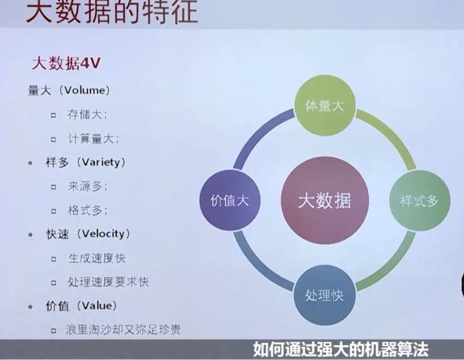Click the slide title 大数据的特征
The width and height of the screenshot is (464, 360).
point(112,11)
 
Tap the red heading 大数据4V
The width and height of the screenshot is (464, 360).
point(66,63)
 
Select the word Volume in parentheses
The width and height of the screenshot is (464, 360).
point(85,90)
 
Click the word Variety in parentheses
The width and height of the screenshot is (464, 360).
point(101,162)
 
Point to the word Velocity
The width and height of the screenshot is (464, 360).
point(104,234)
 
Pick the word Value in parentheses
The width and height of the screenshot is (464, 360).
point(97,306)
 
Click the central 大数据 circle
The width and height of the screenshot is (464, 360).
point(325,201)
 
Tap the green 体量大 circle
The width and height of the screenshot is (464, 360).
point(325,106)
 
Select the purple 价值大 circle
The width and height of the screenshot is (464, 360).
point(230,201)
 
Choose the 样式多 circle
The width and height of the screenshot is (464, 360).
point(420,201)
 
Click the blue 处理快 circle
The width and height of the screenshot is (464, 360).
point(325,295)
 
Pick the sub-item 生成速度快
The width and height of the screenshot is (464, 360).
point(97,258)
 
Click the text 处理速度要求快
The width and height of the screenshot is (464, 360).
point(109,282)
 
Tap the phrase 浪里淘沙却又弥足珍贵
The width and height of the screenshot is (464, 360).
point(123,329)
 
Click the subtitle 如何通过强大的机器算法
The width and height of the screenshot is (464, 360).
point(341,349)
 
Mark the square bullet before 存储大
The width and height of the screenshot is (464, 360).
point(54,115)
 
